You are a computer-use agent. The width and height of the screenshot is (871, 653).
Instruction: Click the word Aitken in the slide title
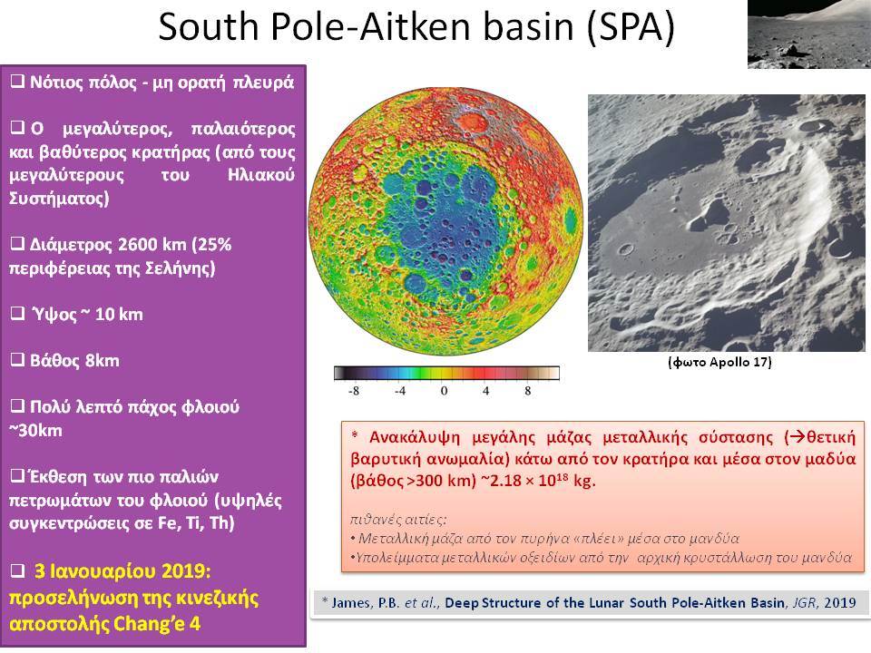416,26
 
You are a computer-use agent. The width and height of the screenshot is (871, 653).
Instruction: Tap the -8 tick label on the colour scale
353,391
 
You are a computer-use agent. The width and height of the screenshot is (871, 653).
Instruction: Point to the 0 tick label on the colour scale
444,391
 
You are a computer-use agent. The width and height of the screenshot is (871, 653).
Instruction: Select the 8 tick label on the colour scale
528,391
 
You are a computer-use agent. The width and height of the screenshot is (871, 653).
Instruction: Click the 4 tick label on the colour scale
486,391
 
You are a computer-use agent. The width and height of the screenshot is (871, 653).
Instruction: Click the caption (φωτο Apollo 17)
719,362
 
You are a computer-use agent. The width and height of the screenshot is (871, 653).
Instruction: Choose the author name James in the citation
352,603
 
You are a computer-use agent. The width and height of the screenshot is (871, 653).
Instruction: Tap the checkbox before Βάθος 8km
18,360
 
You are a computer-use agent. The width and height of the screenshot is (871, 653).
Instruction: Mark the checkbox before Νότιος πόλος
18,82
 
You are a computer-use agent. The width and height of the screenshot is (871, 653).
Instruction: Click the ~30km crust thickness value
35,430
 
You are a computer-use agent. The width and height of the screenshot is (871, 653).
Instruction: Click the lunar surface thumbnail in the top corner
809,34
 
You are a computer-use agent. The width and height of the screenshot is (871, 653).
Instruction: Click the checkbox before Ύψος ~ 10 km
18,314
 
